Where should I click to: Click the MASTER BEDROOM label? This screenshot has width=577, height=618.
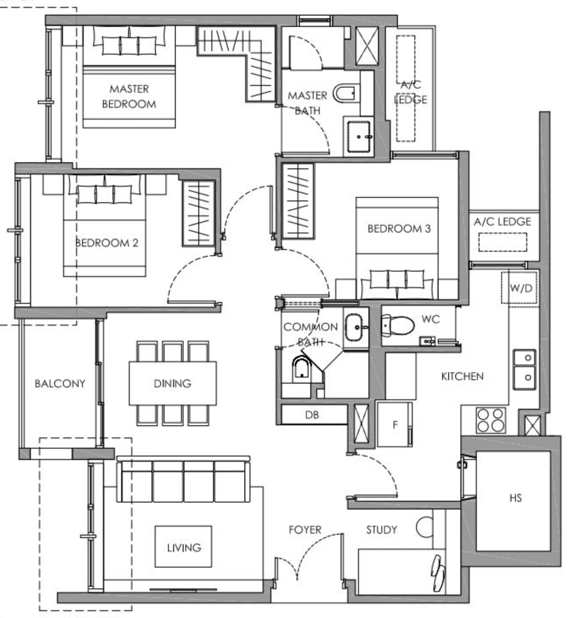tap(129, 96)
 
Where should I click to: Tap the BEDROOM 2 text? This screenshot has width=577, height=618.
tap(107, 243)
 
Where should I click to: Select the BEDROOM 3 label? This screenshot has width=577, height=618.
tap(399, 229)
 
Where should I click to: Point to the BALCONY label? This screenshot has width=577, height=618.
tap(60, 384)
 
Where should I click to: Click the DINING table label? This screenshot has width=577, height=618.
tap(172, 384)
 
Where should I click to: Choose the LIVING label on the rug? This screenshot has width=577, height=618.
tap(184, 548)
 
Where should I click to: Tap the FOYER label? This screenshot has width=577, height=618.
tap(305, 530)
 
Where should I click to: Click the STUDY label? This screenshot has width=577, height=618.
tap(381, 530)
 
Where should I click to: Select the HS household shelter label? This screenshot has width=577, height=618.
tap(515, 498)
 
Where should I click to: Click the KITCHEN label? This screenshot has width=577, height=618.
tap(462, 376)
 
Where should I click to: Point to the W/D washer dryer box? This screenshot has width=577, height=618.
tap(521, 288)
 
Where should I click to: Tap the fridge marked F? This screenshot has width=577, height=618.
tap(394, 424)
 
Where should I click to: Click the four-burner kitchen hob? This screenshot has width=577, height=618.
tap(491, 420)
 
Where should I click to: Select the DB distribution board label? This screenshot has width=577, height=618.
tap(312, 415)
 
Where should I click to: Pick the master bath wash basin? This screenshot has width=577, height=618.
tap(358, 136)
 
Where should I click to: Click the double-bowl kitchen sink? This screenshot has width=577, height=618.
tap(524, 368)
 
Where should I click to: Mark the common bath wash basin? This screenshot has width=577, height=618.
tap(355, 327)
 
